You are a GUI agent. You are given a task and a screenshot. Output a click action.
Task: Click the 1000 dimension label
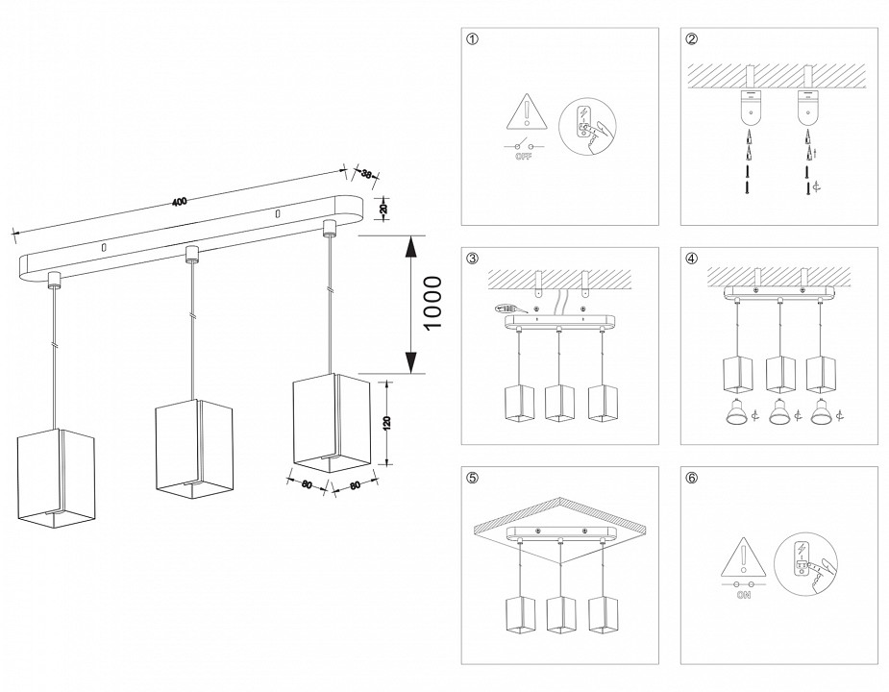pyautogui.click(x=432, y=304)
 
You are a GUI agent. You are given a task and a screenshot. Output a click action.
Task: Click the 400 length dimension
pyautogui.click(x=179, y=201)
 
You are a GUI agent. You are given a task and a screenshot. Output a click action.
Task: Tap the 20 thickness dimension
pyautogui.click(x=383, y=208)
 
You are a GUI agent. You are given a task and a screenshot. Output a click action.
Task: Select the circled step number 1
pyautogui.click(x=471, y=39)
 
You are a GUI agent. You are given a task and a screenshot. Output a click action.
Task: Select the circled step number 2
pyautogui.click(x=691, y=39)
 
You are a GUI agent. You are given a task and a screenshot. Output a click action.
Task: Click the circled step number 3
pyautogui.click(x=471, y=259)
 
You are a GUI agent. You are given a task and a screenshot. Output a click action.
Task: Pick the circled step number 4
pyautogui.click(x=691, y=259)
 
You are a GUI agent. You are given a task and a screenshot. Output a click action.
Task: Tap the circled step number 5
pyautogui.click(x=471, y=478)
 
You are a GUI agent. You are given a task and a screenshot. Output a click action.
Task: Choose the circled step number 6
pyautogui.click(x=691, y=478)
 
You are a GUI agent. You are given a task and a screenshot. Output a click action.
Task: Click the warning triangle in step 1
pyautogui.click(x=526, y=114)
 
